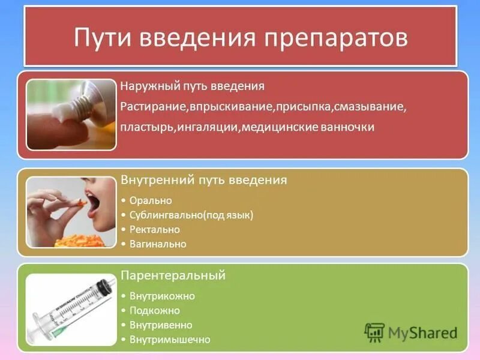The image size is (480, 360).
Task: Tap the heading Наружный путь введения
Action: pos(192,86)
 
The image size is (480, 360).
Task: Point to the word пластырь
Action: pos(147,127)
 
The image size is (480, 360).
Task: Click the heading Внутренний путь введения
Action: pos(203,180)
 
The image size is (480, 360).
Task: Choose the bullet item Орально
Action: pos(151,200)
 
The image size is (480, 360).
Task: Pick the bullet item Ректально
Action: pos(155,229)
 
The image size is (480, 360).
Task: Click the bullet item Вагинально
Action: pos(158,244)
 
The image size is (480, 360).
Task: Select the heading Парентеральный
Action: pos(173,275)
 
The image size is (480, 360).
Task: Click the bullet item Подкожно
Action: pos(155,311)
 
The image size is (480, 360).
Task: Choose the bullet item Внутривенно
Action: pos(161,325)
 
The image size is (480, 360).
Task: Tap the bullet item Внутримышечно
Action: pos(170,340)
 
